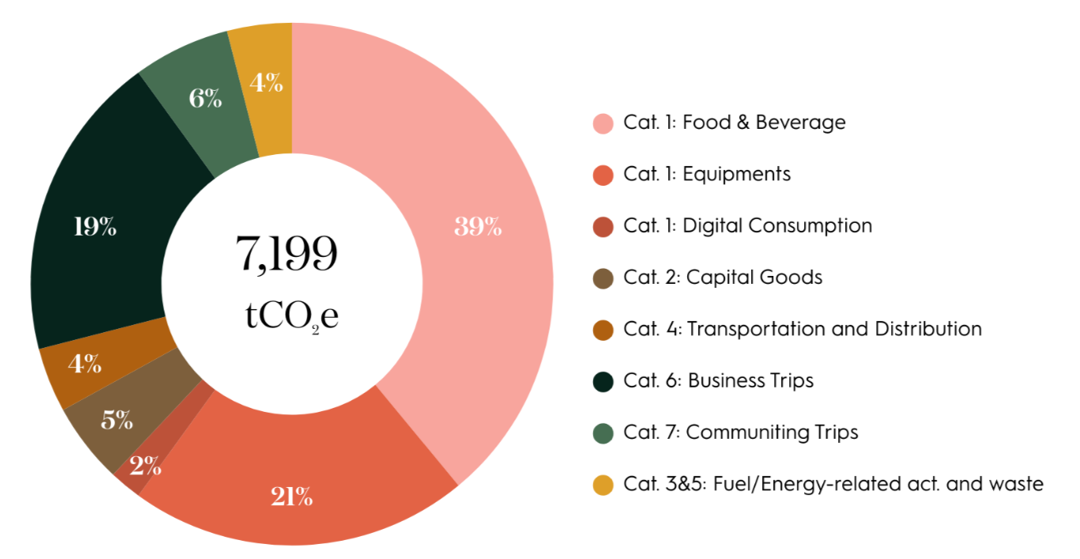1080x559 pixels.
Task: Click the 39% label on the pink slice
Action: [x=478, y=227]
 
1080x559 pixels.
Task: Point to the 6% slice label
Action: [x=205, y=100]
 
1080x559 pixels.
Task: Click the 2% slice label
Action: [x=146, y=466]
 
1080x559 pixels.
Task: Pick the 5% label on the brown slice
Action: [x=116, y=420]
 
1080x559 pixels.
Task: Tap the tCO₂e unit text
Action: [x=292, y=314]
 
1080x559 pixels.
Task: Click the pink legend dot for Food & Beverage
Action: [x=602, y=123]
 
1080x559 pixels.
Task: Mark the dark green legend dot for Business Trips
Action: [x=602, y=381]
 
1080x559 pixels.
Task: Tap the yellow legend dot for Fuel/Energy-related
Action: [x=602, y=485]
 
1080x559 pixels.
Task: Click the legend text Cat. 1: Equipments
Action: [x=707, y=174]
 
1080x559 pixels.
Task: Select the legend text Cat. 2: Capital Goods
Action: [x=723, y=278]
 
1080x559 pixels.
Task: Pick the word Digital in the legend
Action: [x=712, y=226]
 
